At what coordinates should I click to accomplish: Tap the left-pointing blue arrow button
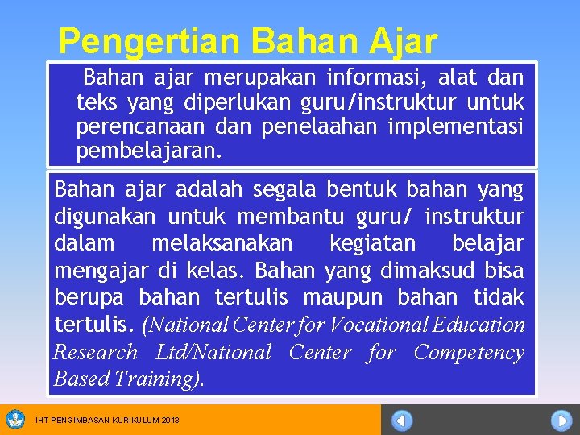pyautogui.click(x=403, y=420)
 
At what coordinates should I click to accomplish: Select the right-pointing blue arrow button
pyautogui.click(x=561, y=420)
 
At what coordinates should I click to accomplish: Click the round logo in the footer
pyautogui.click(x=14, y=419)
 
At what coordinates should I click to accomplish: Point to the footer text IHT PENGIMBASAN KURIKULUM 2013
pyautogui.click(x=107, y=420)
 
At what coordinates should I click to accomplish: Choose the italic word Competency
pyautogui.click(x=469, y=353)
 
